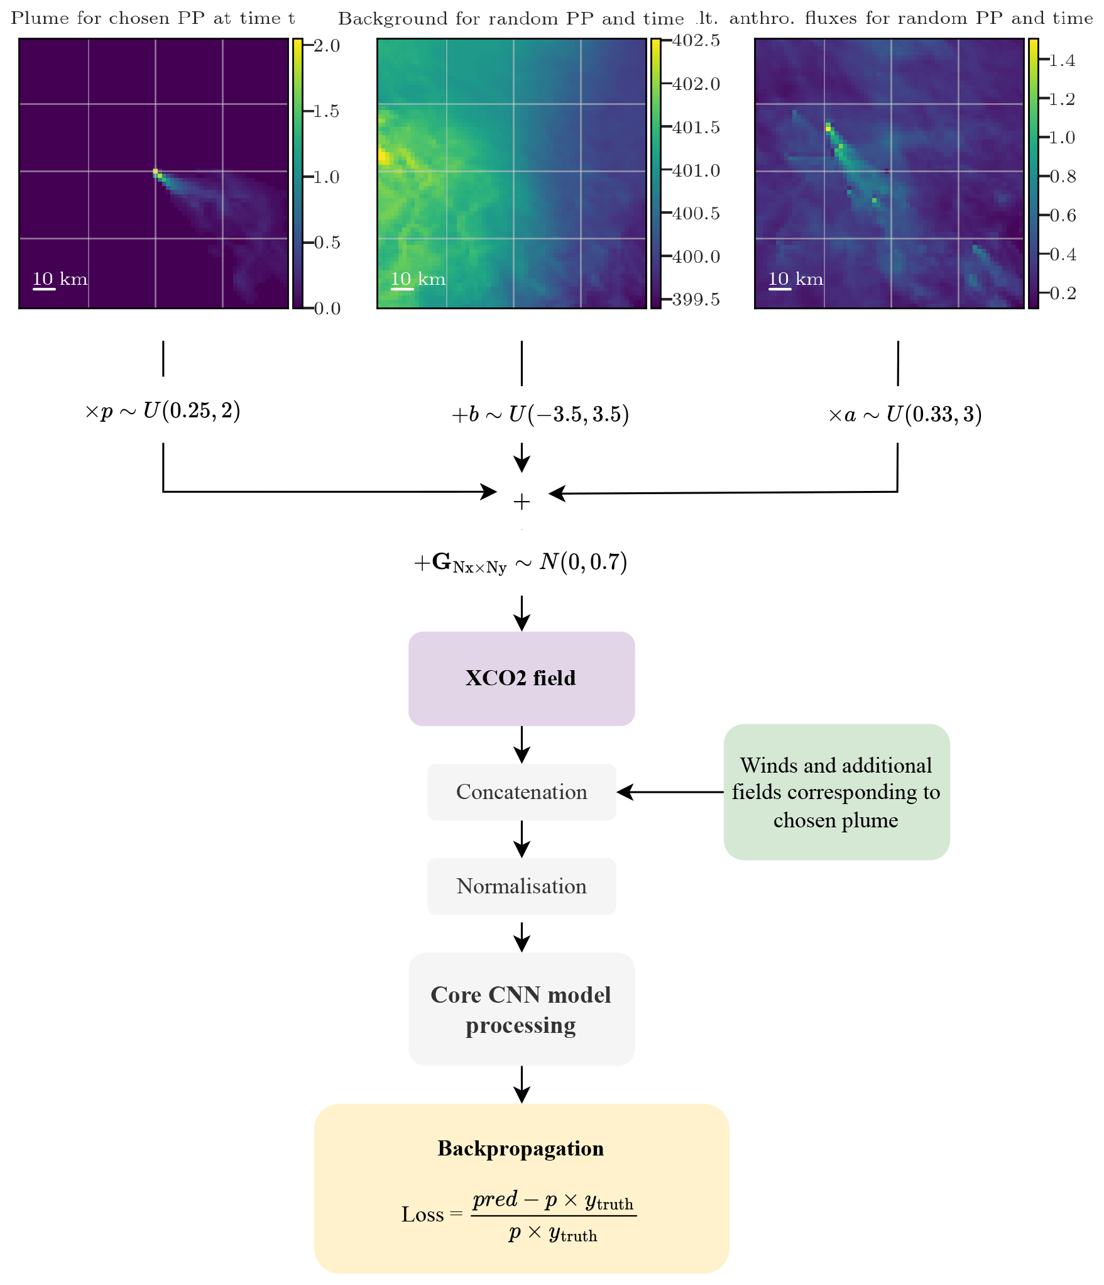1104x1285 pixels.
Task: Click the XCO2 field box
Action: [521, 678]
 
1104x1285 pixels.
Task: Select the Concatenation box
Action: [521, 791]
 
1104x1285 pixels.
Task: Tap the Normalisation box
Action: [521, 886]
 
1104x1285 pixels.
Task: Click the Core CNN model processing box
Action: [521, 1009]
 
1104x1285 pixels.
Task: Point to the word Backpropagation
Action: [520, 1149]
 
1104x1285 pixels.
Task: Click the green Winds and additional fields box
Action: [836, 791]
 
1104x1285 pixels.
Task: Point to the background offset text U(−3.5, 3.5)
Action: [568, 415]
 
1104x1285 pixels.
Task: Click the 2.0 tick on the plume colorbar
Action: [326, 46]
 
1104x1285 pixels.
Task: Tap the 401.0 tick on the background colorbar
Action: [696, 171]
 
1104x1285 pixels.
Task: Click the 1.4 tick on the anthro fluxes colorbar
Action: [1062, 61]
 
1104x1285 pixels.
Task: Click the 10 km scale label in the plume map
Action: [60, 279]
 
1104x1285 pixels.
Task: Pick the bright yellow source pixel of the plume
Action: [155, 171]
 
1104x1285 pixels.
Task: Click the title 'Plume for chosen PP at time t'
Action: [153, 18]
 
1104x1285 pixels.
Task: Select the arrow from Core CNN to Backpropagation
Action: [522, 1084]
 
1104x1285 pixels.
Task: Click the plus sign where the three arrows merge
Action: [522, 502]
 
